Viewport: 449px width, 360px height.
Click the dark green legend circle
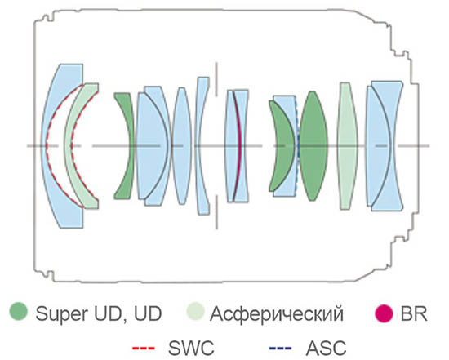click(19, 312)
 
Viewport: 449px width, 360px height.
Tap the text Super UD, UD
click(99, 313)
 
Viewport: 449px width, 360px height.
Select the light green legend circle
click(196, 312)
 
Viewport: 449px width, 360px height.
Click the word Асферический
click(276, 314)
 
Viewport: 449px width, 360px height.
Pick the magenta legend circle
click(384, 313)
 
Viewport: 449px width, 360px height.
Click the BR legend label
click(414, 313)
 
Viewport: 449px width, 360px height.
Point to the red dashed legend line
click(144, 349)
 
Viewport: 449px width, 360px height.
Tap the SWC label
click(191, 349)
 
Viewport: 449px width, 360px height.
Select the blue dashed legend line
click(280, 349)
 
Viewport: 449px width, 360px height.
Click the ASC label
click(326, 349)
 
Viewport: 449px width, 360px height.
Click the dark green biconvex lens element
click(313, 146)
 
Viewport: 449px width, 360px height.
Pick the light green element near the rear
click(347, 146)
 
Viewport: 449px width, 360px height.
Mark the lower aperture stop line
click(216, 212)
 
